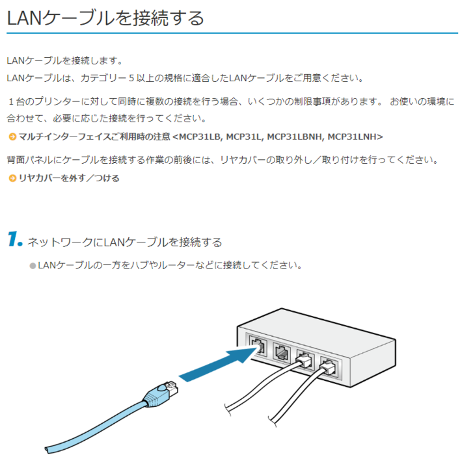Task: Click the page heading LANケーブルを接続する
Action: (x=105, y=18)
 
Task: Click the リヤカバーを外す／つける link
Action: (x=69, y=178)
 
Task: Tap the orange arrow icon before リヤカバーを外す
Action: (x=12, y=178)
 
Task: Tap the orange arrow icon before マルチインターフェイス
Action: (x=12, y=136)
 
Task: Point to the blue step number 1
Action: (x=14, y=240)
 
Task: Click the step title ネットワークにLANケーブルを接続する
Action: (x=125, y=242)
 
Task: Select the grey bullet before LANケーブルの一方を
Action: (x=33, y=266)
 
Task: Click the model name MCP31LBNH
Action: (x=295, y=136)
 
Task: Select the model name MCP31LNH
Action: (x=355, y=136)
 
